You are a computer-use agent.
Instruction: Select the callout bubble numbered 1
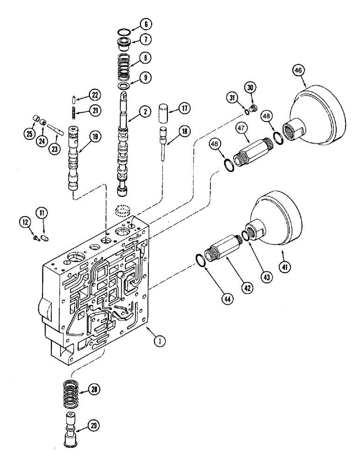tap(160, 342)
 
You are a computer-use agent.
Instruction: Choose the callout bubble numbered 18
tap(185, 132)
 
